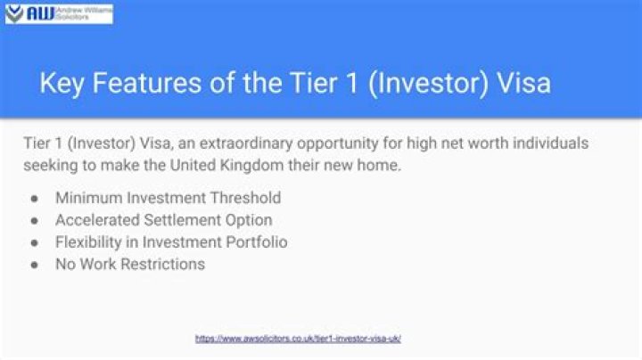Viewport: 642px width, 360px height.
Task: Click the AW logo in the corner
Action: [x=29, y=12]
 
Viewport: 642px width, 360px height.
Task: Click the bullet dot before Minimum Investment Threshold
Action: [x=34, y=198]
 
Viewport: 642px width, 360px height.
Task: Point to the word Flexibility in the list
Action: [x=89, y=242]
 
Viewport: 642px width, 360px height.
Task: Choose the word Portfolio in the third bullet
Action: [x=256, y=242]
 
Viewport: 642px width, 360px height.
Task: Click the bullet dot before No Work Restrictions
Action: [x=34, y=265]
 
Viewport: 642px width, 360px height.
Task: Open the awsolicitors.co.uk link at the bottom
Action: [x=298, y=339]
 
